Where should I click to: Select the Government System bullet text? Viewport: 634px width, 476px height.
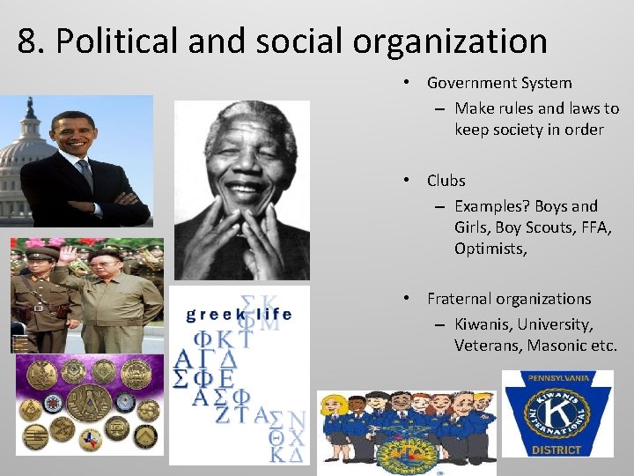click(499, 83)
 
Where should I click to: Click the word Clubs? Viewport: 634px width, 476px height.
click(446, 181)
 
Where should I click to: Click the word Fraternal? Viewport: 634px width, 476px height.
click(461, 299)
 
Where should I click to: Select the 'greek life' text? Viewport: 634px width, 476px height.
click(238, 315)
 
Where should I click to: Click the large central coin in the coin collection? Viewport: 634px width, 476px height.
click(89, 400)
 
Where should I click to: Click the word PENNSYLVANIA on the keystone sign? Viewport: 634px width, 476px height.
click(557, 379)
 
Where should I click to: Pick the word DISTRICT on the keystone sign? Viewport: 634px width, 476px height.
click(557, 450)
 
